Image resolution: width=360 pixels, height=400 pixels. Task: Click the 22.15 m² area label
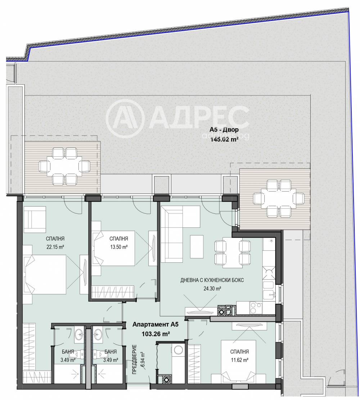55,247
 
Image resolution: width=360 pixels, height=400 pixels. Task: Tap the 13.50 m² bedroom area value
119,247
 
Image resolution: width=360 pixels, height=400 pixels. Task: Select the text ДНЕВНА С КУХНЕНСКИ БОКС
212,280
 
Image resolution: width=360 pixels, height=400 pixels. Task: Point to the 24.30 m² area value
212,289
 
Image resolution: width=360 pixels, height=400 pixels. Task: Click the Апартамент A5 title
156,324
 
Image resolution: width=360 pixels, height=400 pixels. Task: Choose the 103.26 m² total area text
156,334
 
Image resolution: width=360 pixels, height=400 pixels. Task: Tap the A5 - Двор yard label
224,130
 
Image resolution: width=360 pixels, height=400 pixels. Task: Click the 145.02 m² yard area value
224,139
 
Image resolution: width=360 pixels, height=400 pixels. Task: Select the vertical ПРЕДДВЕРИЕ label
135,359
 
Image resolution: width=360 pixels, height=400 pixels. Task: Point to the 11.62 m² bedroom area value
239,360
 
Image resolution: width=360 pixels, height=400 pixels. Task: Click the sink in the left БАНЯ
79,334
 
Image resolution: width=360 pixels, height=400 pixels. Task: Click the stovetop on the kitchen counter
256,308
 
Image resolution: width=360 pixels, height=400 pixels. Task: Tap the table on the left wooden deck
64,166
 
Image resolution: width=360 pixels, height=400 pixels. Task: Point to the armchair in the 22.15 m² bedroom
35,219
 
